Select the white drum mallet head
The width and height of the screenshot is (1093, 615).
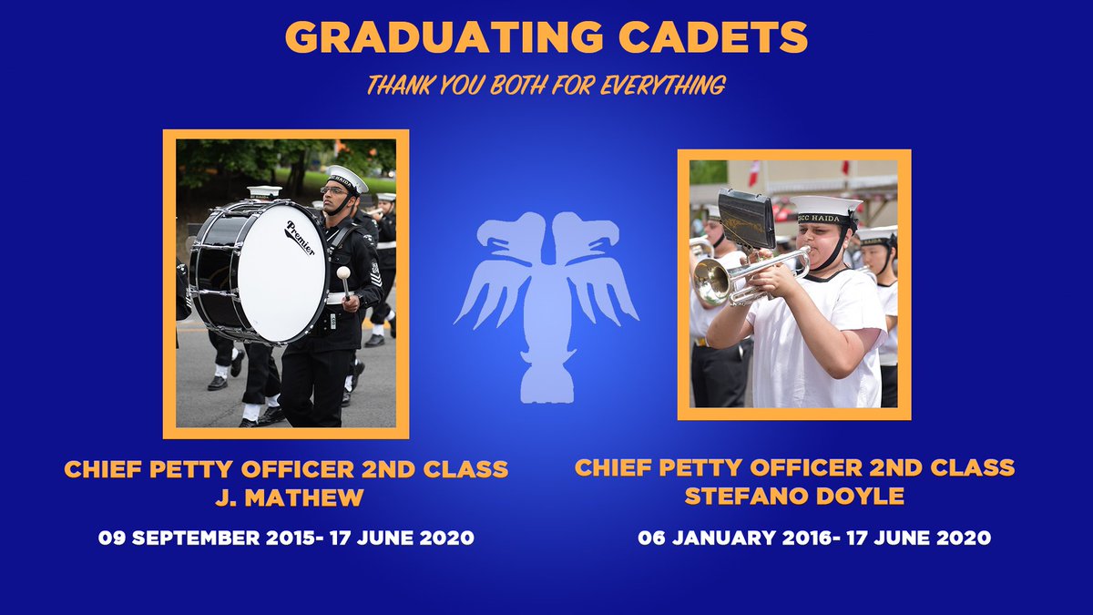344,272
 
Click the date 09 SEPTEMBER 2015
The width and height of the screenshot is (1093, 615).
191,538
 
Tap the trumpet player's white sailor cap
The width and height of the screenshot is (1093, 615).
824,206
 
